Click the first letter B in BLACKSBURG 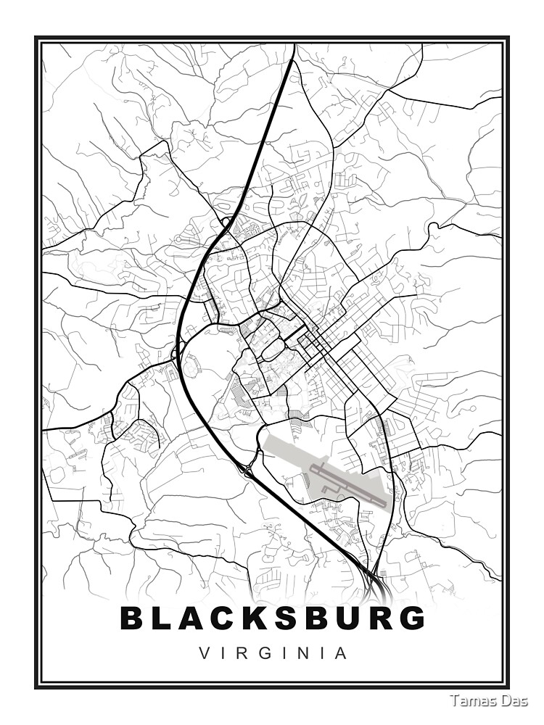[x=133, y=618]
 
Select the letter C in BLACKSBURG [x=236, y=618]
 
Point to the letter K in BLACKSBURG [x=271, y=618]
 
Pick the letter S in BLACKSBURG [x=305, y=618]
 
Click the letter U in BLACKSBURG [x=374, y=618]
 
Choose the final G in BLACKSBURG [x=412, y=618]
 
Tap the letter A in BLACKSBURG [x=201, y=618]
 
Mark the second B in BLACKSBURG [x=339, y=618]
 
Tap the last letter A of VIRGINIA [x=341, y=653]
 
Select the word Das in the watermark [x=516, y=700]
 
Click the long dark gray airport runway [x=348, y=484]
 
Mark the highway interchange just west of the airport [x=249, y=471]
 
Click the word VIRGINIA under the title [x=272, y=653]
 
